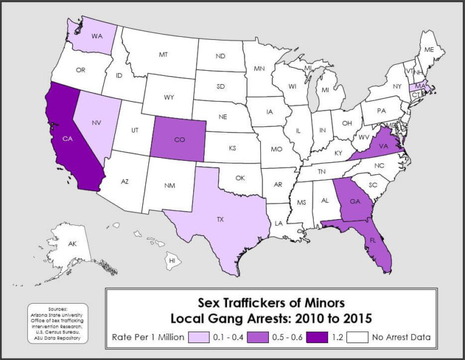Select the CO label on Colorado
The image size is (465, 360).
(180, 139)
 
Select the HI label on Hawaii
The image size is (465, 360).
(172, 260)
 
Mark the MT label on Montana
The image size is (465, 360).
(163, 54)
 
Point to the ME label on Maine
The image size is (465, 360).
(429, 49)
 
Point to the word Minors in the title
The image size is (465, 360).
(322, 301)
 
